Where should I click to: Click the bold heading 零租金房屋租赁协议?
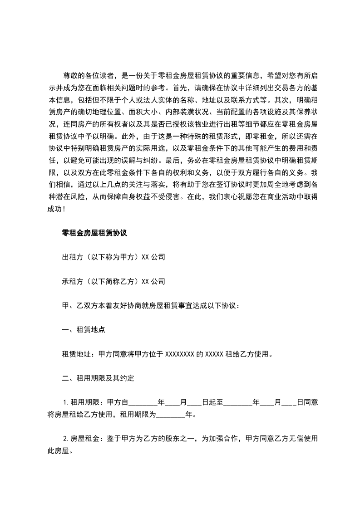click(94, 233)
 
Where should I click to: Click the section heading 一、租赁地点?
click(84, 330)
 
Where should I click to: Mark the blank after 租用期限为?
click(171, 415)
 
